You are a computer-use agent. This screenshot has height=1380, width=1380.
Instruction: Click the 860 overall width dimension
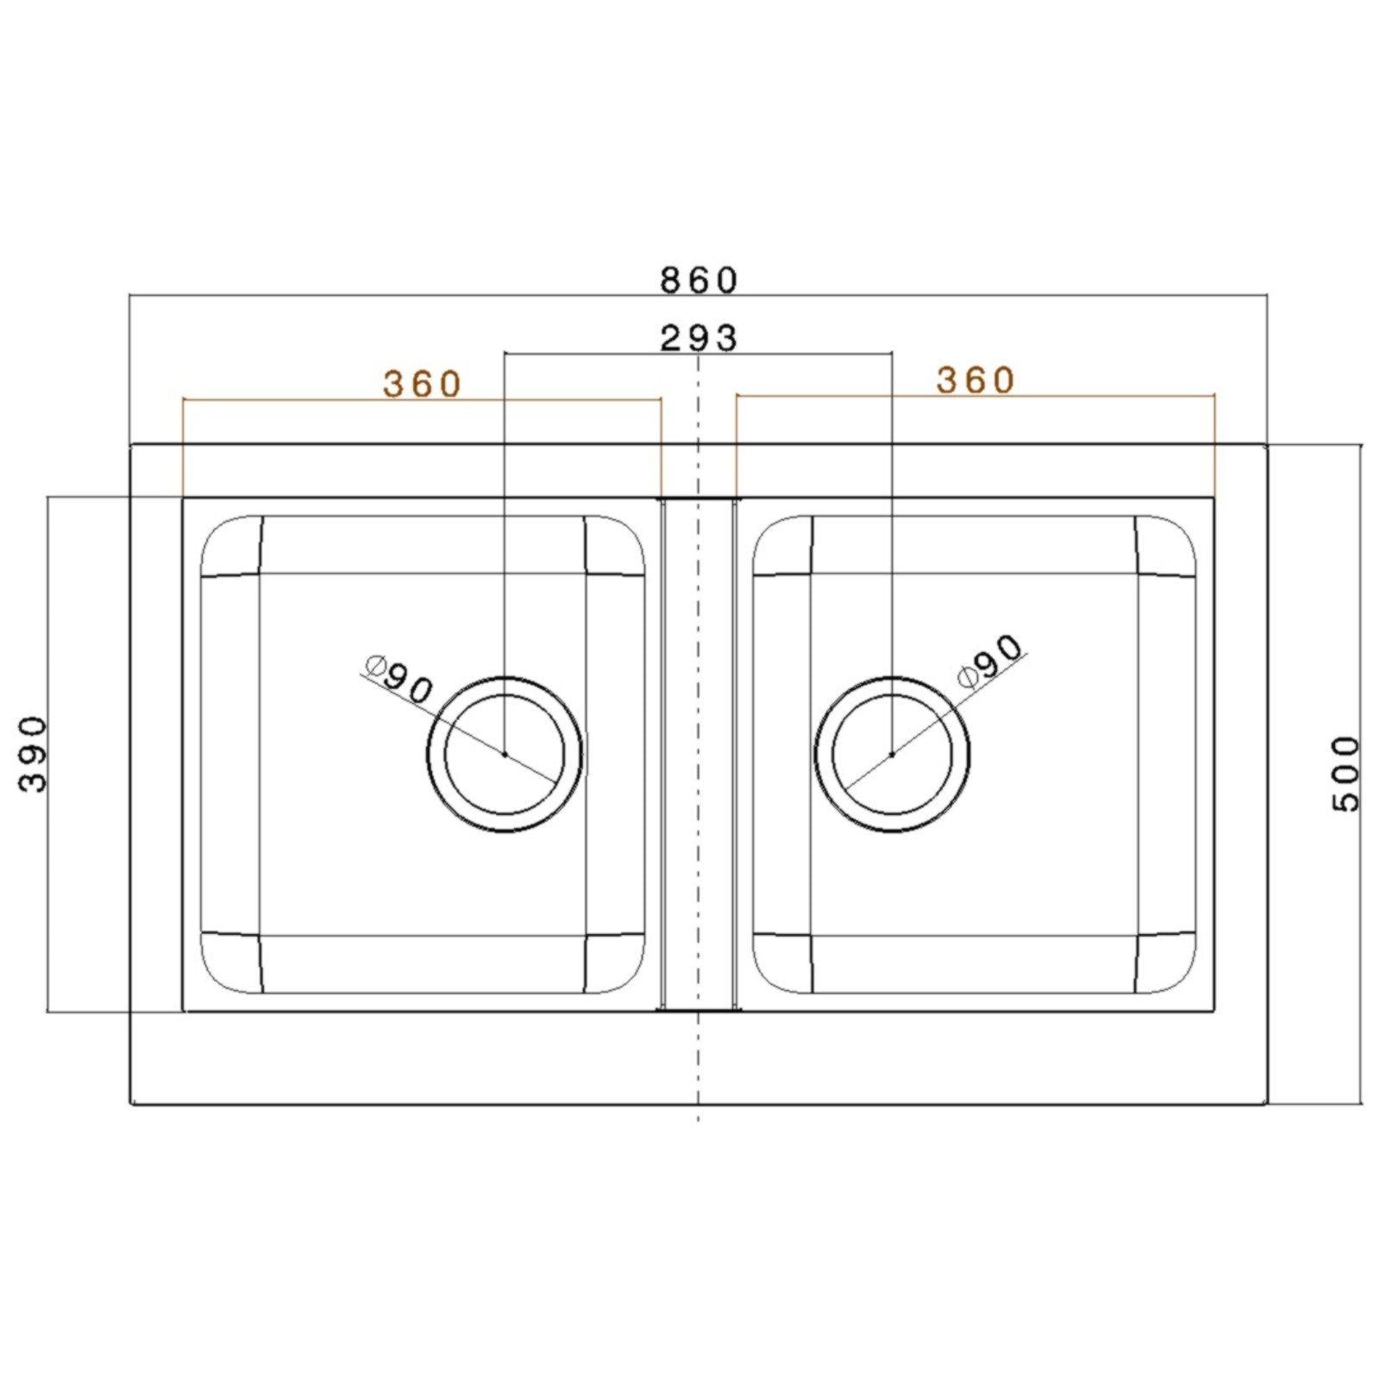[699, 280]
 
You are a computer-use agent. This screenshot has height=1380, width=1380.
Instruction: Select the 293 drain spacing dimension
[699, 339]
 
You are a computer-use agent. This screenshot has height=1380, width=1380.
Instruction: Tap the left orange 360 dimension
[423, 384]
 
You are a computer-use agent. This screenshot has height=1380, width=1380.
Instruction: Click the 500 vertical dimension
[1345, 773]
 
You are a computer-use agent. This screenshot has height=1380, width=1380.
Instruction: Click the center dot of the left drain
[505, 754]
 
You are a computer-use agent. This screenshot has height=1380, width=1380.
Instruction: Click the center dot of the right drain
[892, 754]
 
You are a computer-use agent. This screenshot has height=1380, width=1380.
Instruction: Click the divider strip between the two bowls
[698, 754]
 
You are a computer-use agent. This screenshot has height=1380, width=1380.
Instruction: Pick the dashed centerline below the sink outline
[698, 1114]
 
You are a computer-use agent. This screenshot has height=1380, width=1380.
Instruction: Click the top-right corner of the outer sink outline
[1266, 446]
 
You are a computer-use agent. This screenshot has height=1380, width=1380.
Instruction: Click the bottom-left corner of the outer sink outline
[130, 1103]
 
